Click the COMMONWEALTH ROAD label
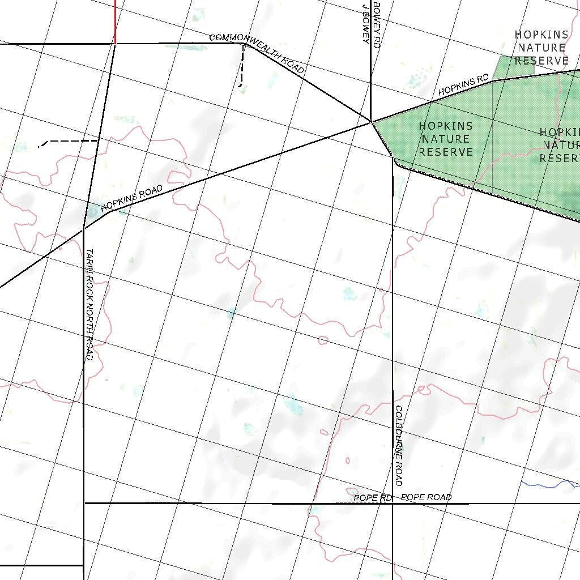[x=257, y=53]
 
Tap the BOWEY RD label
[x=377, y=23]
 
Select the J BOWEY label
[x=365, y=23]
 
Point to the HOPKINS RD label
[x=463, y=84]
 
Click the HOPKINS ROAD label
[x=131, y=199]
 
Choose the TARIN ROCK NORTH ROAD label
[x=89, y=304]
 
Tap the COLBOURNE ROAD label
[x=398, y=445]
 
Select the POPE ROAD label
[x=426, y=497]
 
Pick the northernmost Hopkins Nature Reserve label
[x=541, y=48]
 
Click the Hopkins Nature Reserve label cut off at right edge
[x=560, y=145]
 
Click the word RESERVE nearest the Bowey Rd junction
[x=446, y=152]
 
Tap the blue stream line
[x=549, y=484]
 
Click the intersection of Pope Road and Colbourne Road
[x=393, y=503]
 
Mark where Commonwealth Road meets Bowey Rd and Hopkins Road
[x=371, y=122]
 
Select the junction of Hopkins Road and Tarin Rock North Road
[x=84, y=228]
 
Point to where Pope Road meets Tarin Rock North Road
[x=84, y=503]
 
